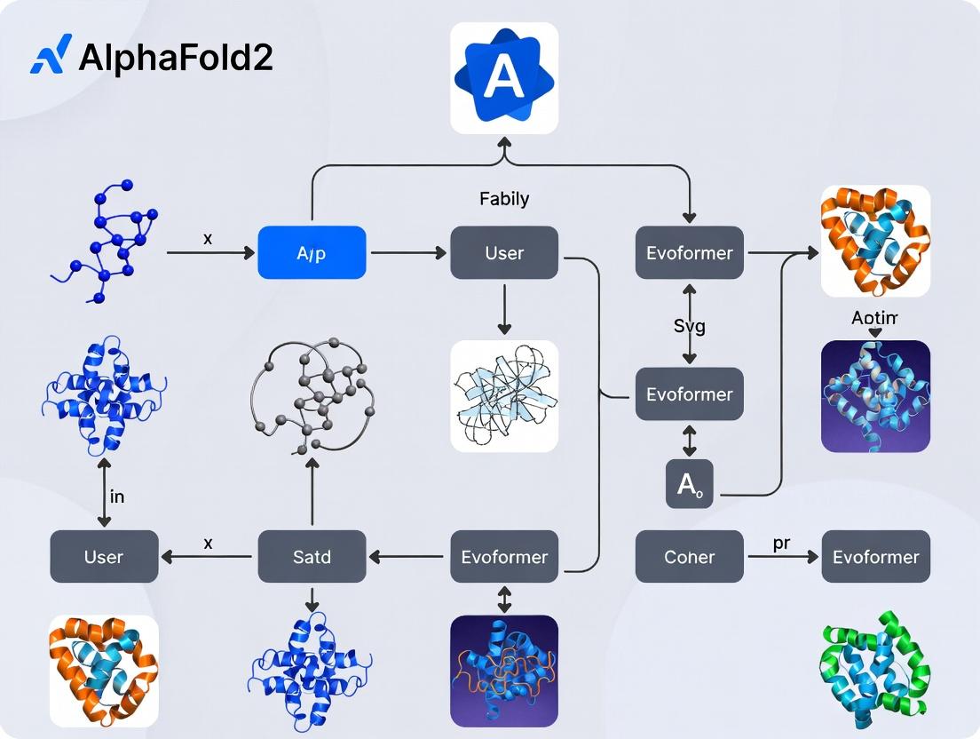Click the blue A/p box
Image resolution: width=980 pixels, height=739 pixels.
311,253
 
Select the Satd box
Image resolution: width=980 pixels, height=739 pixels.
312,557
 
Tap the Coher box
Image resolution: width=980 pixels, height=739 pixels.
690,557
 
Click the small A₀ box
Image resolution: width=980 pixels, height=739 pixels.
690,485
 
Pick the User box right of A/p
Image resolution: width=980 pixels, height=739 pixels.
504,253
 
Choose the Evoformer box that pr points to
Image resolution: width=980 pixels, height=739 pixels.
875,557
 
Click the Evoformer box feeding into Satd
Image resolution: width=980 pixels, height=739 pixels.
504,557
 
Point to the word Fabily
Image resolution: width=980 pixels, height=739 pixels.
504,199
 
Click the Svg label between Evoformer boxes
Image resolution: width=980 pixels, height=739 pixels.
690,326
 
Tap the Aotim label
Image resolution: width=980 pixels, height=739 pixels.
875,317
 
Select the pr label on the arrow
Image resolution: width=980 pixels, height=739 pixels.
781,544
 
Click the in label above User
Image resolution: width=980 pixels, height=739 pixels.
116,497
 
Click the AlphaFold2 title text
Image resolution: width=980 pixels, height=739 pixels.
175,58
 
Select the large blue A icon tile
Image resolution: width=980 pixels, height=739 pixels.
504,78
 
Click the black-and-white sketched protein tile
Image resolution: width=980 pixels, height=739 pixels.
504,394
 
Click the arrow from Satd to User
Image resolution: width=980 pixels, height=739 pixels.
208,557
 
